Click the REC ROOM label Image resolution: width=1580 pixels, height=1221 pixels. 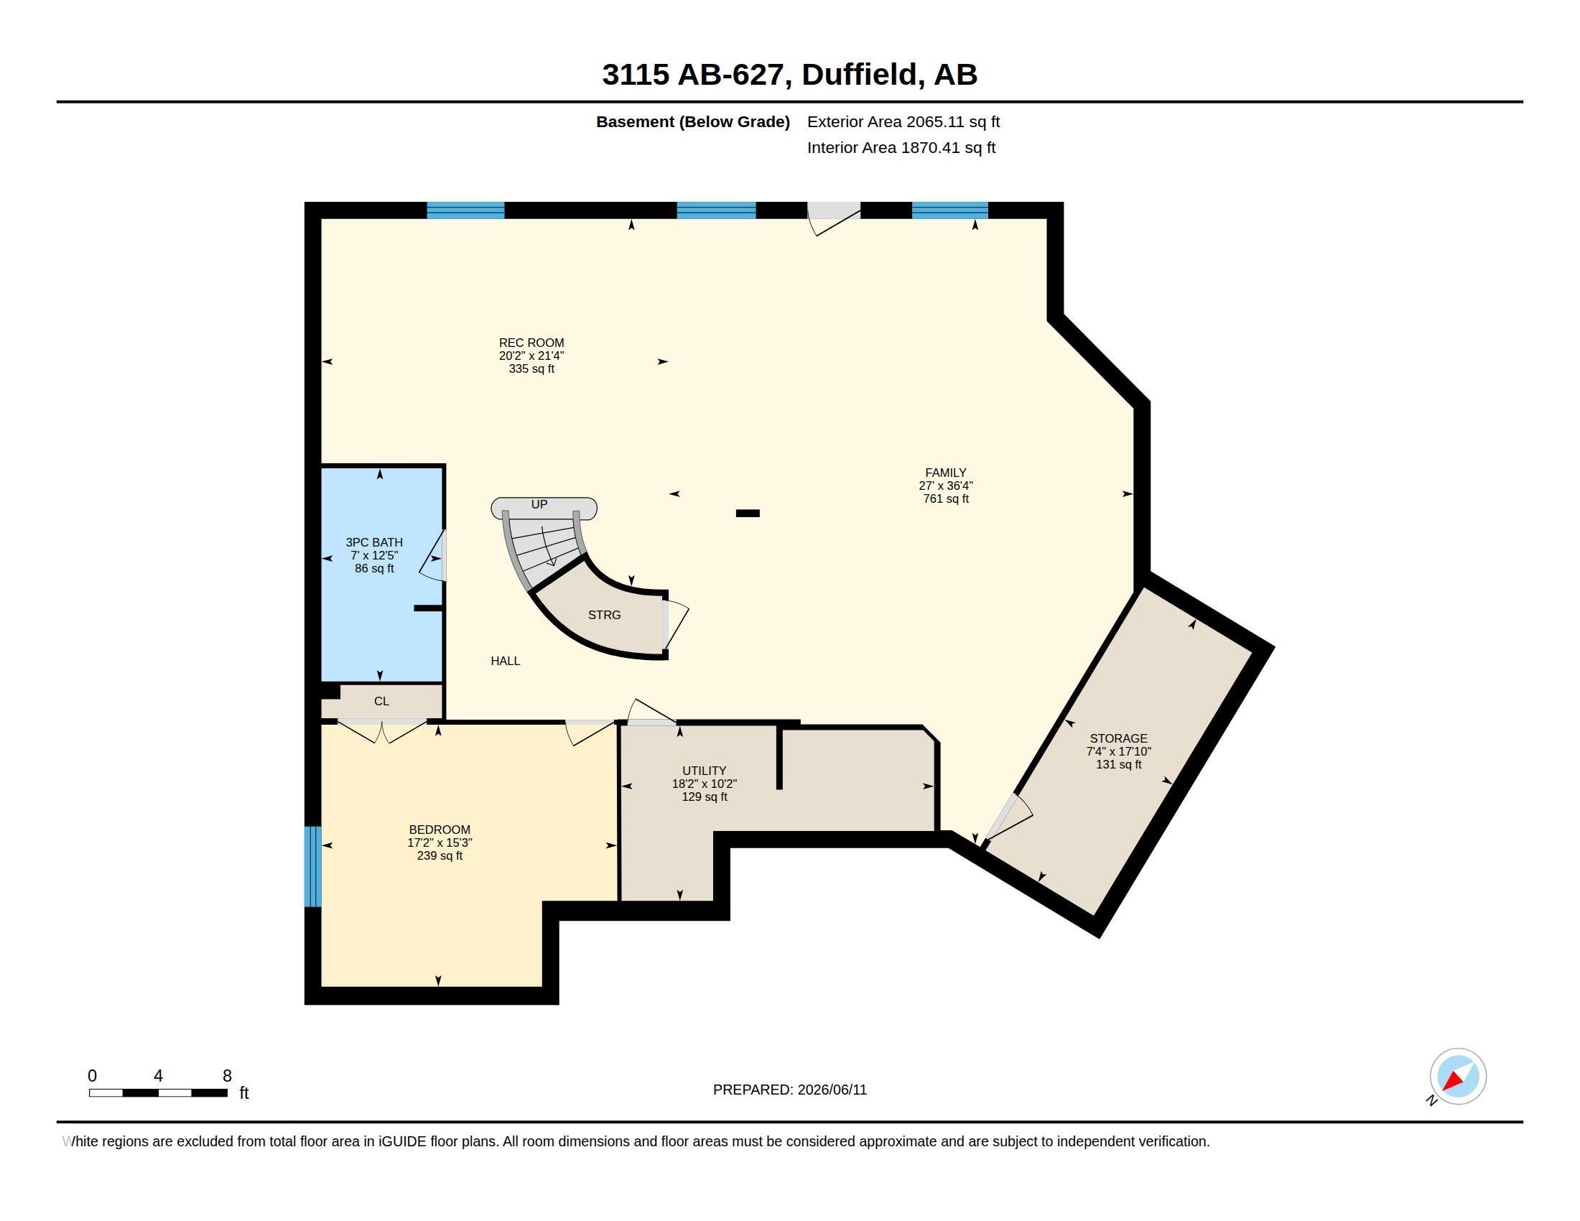[531, 343]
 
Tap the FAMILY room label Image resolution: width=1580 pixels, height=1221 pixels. [946, 473]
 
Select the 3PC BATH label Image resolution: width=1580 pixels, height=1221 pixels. [374, 542]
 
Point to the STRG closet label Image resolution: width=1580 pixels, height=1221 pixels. [604, 615]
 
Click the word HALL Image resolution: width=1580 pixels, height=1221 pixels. [505, 660]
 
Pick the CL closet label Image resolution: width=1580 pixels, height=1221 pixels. [381, 701]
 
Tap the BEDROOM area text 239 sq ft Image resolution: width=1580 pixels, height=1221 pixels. [440, 855]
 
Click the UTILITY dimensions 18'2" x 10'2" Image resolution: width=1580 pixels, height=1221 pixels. [704, 784]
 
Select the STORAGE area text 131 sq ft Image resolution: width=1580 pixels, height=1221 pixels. [1118, 765]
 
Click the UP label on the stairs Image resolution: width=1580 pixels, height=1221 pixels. [539, 504]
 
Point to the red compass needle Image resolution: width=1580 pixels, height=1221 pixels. [1453, 1081]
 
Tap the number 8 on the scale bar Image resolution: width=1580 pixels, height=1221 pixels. [227, 1076]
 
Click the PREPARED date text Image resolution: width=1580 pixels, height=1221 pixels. [790, 1090]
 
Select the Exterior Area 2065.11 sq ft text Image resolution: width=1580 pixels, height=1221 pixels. [903, 121]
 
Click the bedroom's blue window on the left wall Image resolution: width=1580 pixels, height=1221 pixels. [312, 867]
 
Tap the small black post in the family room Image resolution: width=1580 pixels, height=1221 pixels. [748, 514]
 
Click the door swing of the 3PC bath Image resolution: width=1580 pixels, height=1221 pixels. [432, 555]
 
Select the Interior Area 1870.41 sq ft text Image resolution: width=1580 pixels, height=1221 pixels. [901, 147]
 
